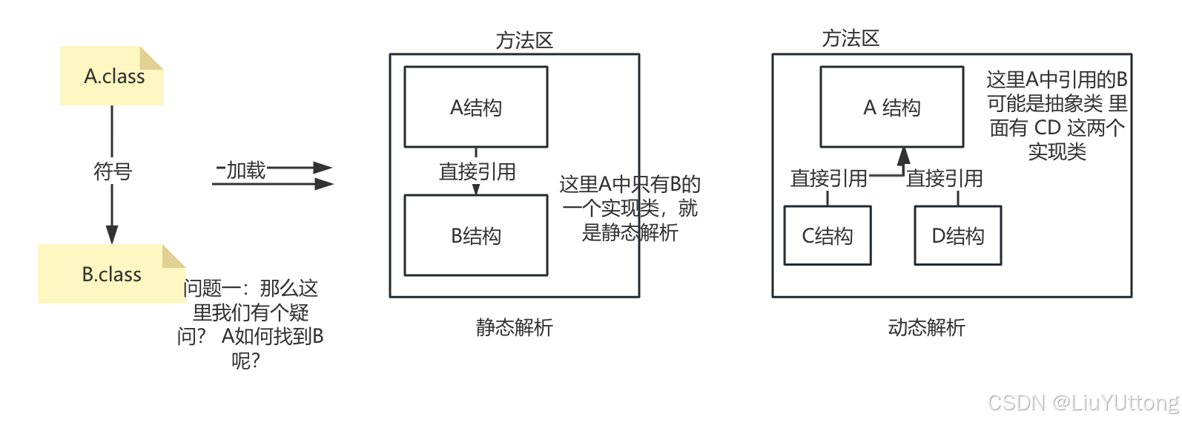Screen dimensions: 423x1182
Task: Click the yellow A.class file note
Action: (x=111, y=76)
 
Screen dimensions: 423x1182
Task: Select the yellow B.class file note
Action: (x=111, y=275)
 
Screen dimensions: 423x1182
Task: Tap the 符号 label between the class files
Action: (x=112, y=171)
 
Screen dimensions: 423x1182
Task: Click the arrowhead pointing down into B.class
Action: (x=112, y=234)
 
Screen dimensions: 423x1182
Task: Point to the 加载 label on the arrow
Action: (x=245, y=170)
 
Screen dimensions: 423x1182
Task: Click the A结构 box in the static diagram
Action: (x=475, y=108)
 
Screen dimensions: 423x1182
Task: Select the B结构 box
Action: (x=475, y=236)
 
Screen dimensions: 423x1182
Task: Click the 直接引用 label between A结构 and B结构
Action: (x=477, y=171)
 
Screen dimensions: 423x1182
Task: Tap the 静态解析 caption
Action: (x=514, y=327)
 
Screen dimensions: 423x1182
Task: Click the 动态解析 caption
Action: (x=926, y=327)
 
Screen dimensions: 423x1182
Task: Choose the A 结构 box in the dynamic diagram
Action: (x=891, y=108)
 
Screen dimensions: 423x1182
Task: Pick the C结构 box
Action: (x=827, y=236)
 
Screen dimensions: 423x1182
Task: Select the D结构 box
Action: (x=957, y=236)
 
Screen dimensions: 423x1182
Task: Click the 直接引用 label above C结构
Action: (x=828, y=178)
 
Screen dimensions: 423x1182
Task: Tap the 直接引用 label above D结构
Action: (x=944, y=178)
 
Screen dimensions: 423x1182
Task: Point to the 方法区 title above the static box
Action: (x=524, y=40)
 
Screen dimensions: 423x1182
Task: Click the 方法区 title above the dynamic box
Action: (x=850, y=38)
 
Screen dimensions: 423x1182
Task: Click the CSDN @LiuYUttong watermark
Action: (x=1083, y=402)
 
